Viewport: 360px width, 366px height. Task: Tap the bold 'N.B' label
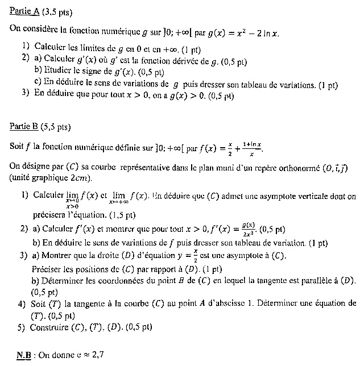[23, 355]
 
